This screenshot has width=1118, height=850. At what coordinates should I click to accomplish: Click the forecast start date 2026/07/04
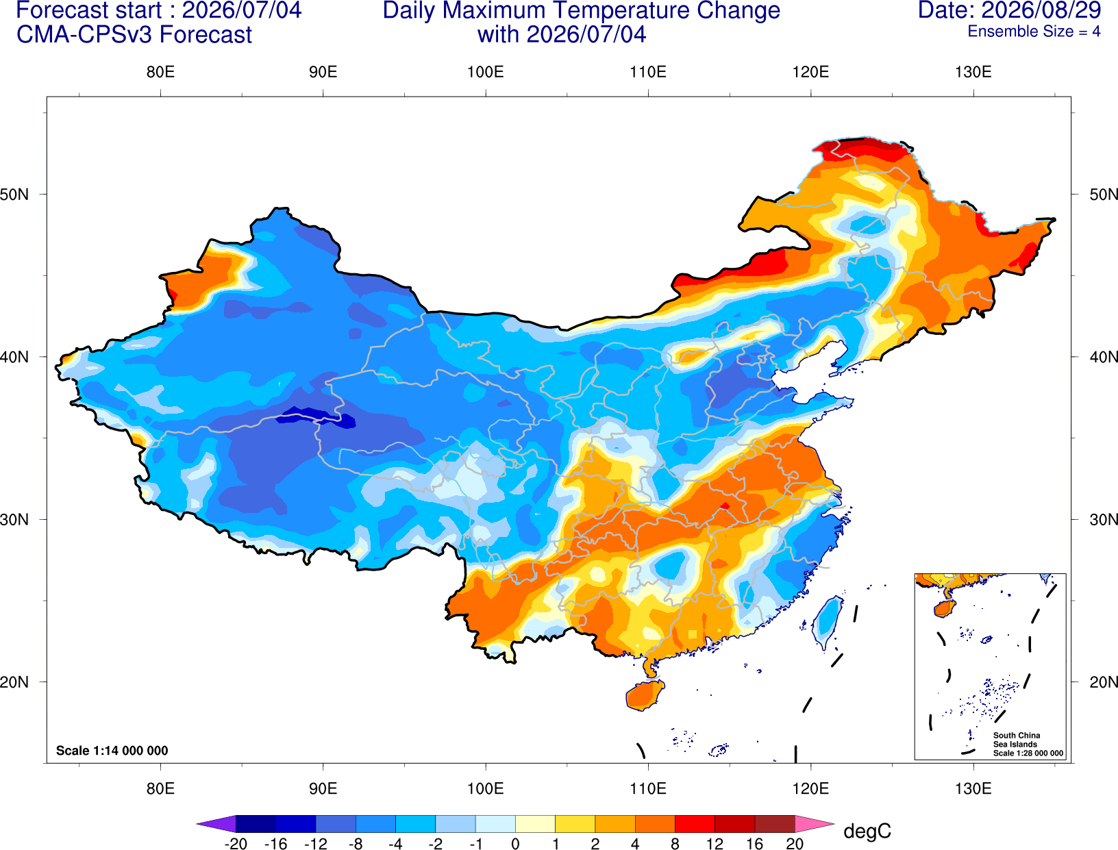pos(242,10)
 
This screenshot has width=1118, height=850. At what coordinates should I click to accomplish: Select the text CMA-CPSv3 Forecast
pos(134,35)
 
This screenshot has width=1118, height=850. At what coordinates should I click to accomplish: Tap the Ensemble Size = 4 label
pos(1034,32)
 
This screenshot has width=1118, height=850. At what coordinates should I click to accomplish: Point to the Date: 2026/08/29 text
pos(1010,10)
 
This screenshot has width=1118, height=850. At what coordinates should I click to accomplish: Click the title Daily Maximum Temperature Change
pos(581,10)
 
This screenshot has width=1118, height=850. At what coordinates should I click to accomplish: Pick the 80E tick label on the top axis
pos(160,72)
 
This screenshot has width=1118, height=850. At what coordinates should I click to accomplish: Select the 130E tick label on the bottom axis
pos(973,789)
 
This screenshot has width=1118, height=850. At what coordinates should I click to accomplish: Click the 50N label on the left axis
pos(14,194)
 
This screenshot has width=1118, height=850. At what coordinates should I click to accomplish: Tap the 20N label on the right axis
pos(1103,682)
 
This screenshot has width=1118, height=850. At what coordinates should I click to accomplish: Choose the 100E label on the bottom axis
pos(486,789)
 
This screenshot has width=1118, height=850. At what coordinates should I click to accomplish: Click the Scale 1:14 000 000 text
pos(112,751)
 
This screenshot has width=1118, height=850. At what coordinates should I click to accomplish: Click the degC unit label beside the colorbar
pos(867,832)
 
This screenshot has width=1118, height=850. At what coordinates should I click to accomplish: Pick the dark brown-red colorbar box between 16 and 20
pos(775,823)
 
